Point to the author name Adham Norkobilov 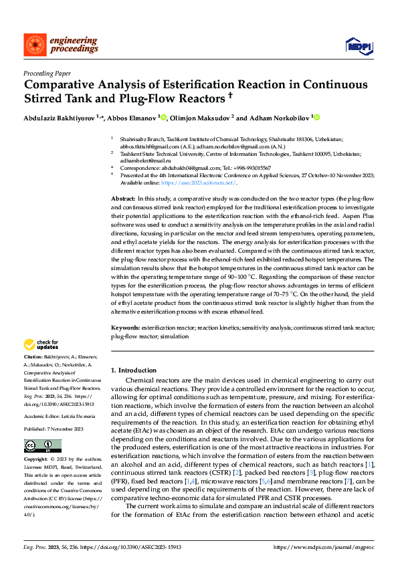pos(276,118)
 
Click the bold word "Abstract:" pos(123,199)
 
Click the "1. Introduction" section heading pos(134,370)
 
